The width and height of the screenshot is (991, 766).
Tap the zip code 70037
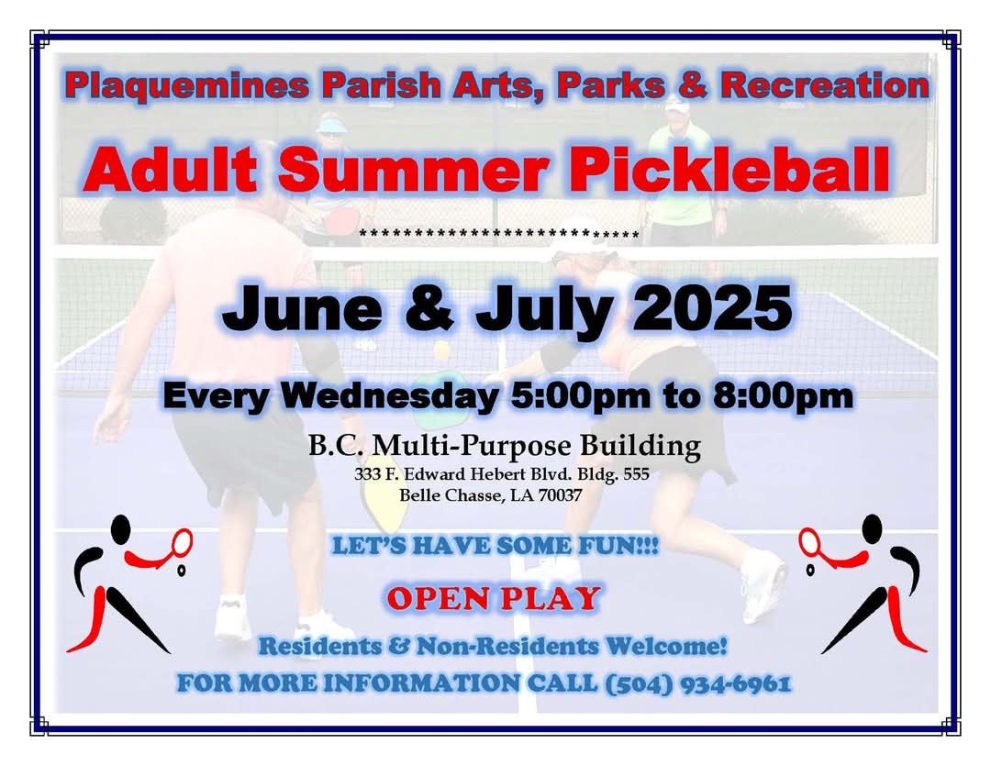[x=558, y=494]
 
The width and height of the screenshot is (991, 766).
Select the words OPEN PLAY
[x=494, y=599]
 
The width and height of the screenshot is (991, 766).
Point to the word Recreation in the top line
[x=825, y=86]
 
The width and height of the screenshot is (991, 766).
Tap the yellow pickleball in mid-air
[x=441, y=350]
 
